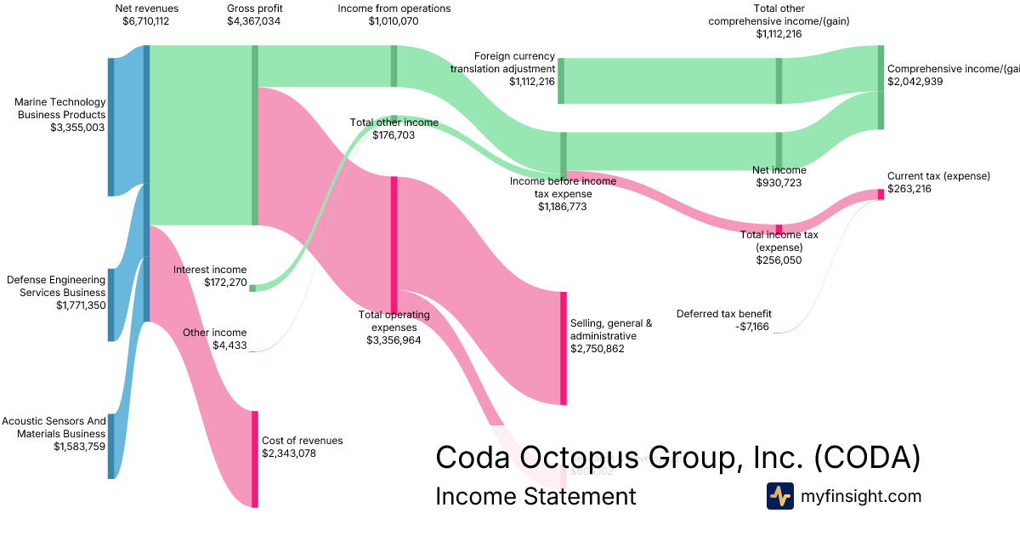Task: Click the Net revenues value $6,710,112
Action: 145,21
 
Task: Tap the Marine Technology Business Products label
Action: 60,108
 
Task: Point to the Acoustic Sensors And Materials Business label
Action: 54,427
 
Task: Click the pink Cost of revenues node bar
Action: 254,459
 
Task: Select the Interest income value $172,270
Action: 225,282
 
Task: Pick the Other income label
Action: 215,333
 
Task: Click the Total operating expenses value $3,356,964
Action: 394,339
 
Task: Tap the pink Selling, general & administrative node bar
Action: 563,348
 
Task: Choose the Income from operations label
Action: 394,9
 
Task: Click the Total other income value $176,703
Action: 394,134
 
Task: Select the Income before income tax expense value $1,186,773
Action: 562,206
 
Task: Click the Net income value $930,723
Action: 780,182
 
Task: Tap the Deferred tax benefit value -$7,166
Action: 748,326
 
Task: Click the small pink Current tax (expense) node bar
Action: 881,194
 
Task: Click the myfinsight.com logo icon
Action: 779,496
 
